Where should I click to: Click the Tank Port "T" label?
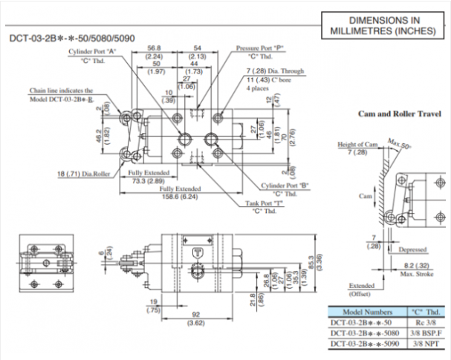point(267,203)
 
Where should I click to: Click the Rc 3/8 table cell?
point(426,323)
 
